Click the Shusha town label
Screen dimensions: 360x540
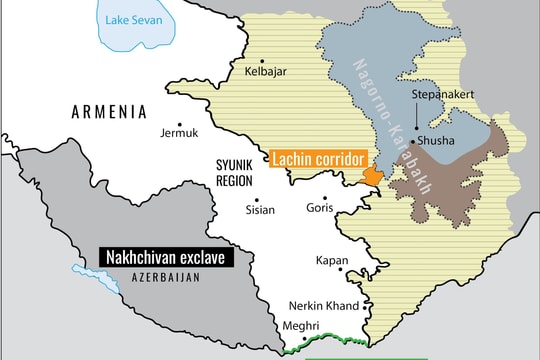point(440,142)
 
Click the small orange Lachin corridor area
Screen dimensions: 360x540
point(371,176)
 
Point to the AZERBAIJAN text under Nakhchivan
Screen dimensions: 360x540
point(166,277)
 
